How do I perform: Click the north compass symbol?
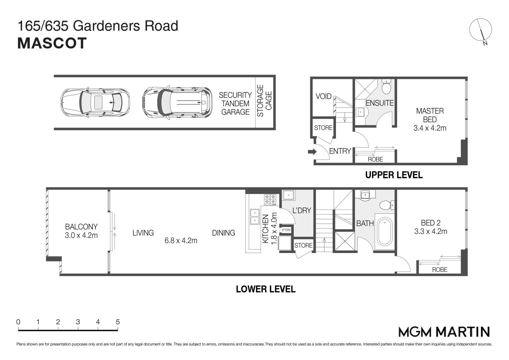(480, 30)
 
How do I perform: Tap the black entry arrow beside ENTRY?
(312, 152)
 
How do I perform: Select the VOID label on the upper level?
(323, 96)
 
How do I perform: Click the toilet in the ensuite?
(386, 88)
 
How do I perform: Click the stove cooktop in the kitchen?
(270, 199)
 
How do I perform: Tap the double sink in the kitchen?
(255, 217)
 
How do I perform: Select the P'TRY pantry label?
(286, 230)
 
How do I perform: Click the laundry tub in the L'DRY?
(288, 195)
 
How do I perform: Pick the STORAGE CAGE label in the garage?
(265, 100)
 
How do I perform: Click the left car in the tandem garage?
(95, 102)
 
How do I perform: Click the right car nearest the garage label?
(177, 102)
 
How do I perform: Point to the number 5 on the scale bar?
(118, 322)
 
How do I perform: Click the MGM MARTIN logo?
(444, 332)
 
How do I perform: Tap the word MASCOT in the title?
(52, 43)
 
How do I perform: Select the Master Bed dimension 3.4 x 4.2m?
(430, 128)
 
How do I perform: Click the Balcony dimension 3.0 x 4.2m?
(81, 235)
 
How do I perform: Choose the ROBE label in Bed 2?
(439, 270)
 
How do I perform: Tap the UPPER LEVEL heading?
(394, 175)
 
